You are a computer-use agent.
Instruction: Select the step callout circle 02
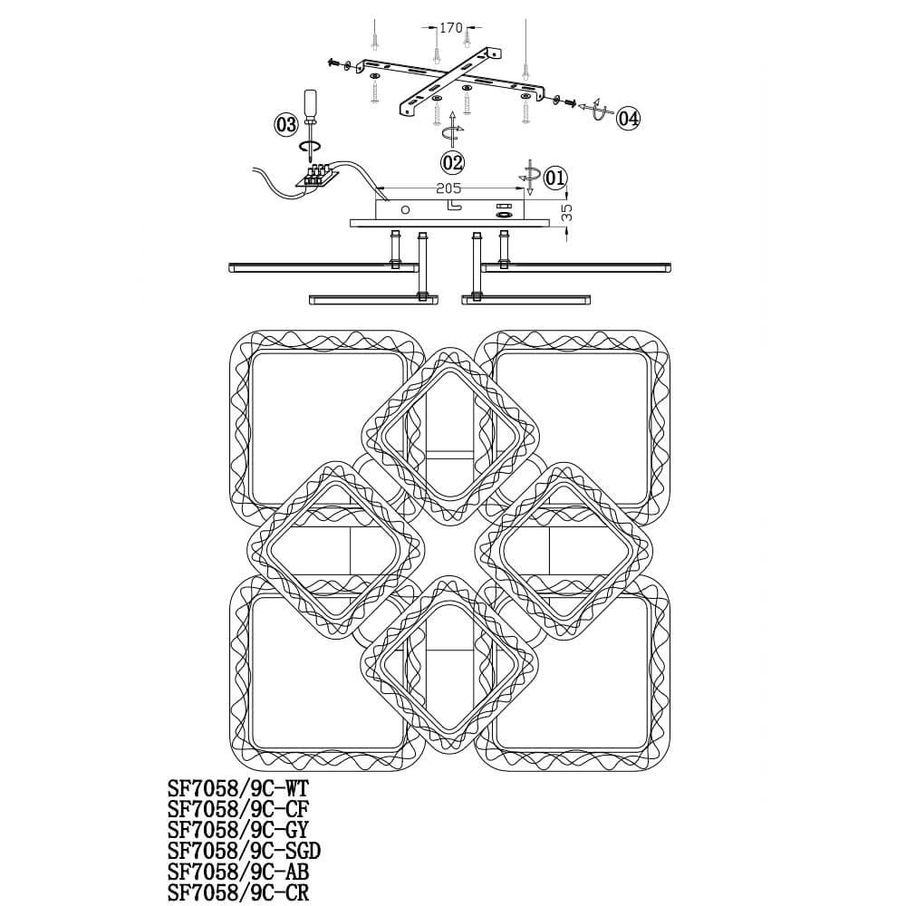click(452, 163)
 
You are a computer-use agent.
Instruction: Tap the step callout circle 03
click(286, 124)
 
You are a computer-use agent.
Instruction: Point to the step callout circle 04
click(628, 119)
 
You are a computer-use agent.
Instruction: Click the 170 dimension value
click(451, 28)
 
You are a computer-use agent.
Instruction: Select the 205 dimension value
click(449, 188)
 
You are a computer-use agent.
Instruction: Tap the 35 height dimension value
click(567, 212)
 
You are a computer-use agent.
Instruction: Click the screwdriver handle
click(312, 104)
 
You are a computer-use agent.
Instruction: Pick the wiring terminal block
click(315, 176)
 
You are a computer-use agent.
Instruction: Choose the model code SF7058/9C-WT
click(238, 788)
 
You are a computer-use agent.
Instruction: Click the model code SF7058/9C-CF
click(238, 809)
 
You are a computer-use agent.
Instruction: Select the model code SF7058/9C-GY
click(238, 830)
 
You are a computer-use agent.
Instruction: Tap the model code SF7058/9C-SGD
click(245, 851)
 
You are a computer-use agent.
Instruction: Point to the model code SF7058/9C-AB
click(238, 872)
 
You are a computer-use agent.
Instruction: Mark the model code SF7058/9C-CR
click(238, 892)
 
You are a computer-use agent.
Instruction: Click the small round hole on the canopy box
click(405, 209)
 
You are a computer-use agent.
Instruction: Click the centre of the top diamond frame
click(450, 437)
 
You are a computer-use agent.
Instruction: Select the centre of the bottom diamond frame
click(449, 664)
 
